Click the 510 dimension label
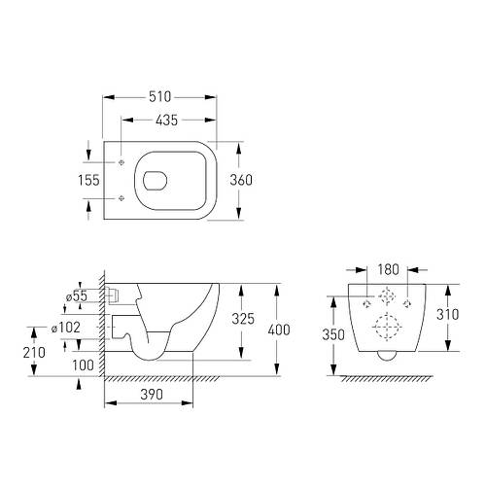click(x=159, y=97)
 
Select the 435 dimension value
click(x=166, y=121)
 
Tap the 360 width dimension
click(x=241, y=180)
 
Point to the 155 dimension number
click(x=88, y=180)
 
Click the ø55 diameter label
click(x=77, y=295)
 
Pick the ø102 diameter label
click(x=66, y=328)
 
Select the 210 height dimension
click(x=34, y=353)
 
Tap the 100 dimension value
click(x=83, y=365)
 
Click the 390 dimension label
click(x=152, y=395)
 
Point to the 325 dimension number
click(x=243, y=319)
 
